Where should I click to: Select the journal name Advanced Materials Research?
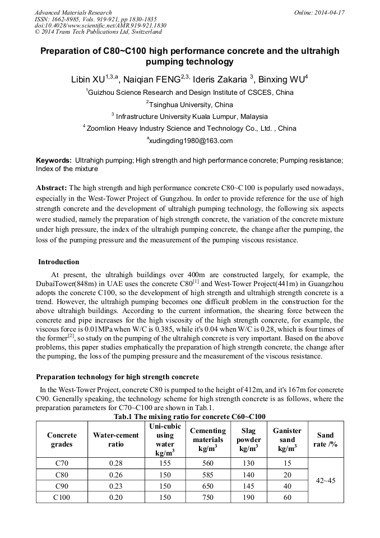click(73, 12)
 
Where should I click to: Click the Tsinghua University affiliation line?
click(189, 104)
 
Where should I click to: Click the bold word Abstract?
click(52, 187)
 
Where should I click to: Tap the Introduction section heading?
click(59, 262)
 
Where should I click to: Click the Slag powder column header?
click(248, 439)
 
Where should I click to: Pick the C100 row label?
click(62, 497)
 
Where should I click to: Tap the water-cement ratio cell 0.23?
click(116, 486)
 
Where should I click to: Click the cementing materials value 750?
click(208, 497)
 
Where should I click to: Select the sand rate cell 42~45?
click(325, 480)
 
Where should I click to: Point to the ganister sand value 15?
click(287, 463)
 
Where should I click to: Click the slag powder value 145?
click(248, 486)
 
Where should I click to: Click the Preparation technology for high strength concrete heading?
click(117, 376)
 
